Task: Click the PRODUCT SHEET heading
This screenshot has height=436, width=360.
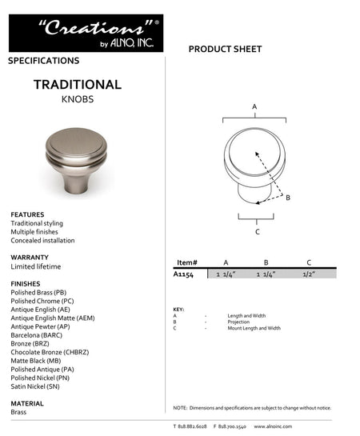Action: click(x=225, y=50)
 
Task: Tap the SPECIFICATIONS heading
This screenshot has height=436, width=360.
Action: click(x=43, y=61)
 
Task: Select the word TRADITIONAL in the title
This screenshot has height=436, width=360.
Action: click(x=78, y=85)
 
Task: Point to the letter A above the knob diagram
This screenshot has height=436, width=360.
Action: click(x=254, y=106)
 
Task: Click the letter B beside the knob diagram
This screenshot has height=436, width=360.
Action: click(x=288, y=198)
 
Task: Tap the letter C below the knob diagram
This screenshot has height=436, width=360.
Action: click(x=257, y=232)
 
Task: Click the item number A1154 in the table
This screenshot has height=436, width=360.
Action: click(x=185, y=274)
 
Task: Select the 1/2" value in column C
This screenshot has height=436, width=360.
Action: click(x=310, y=274)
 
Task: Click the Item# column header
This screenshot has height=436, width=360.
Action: click(x=186, y=262)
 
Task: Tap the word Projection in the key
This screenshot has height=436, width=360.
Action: click(x=239, y=322)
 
